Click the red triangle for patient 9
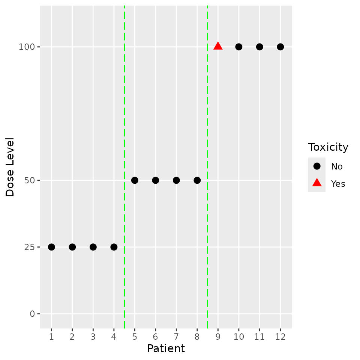tap(218, 46)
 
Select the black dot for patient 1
tap(51, 247)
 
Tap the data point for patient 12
tap(280, 47)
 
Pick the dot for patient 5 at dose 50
tap(135, 180)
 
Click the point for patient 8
tap(197, 180)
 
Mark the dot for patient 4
tap(114, 247)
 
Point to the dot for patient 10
tap(238, 47)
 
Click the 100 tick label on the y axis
tap(27, 47)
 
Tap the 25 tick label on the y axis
tap(30, 247)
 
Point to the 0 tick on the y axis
tap(32, 314)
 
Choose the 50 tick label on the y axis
tap(30, 180)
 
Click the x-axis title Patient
tap(166, 349)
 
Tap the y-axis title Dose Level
tap(10, 167)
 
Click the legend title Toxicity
tap(328, 147)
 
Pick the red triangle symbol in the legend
tap(317, 183)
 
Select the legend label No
tap(336, 166)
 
